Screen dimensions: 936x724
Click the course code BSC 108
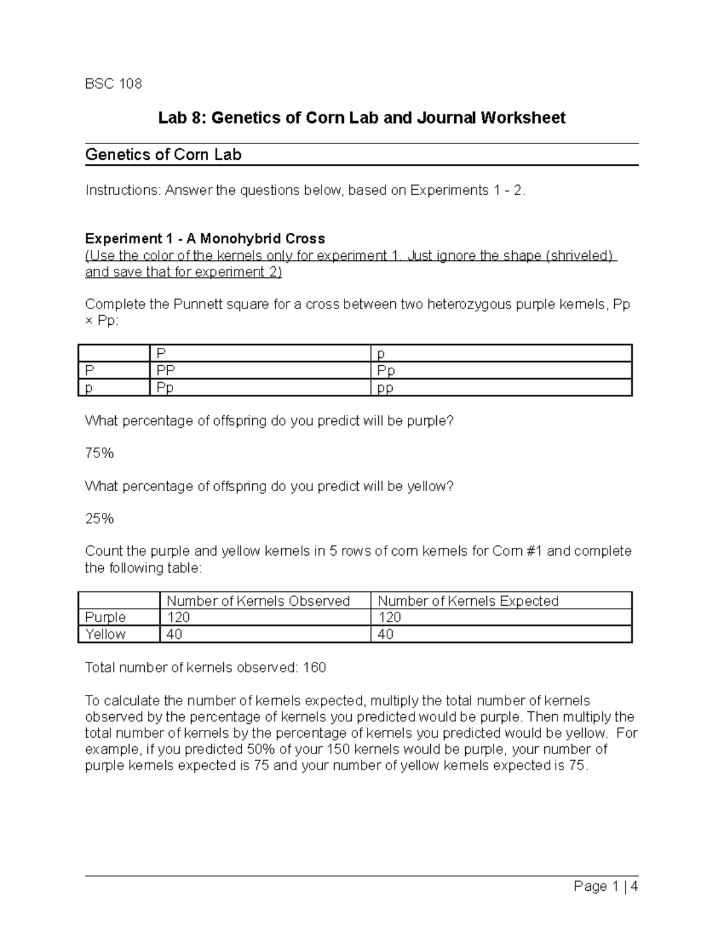click(x=113, y=84)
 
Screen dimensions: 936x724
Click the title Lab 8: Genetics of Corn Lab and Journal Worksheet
click(x=361, y=118)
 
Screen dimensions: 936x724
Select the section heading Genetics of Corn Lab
click(x=163, y=155)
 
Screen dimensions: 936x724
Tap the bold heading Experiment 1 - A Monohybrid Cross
click(x=205, y=239)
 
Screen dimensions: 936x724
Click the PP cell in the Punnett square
click(x=166, y=371)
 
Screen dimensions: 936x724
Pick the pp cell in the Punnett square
click(x=385, y=388)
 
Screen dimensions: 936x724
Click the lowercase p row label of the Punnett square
click(x=89, y=388)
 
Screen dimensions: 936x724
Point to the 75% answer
click(x=100, y=453)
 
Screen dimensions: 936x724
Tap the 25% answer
click(x=100, y=519)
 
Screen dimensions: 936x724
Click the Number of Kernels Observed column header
click(x=258, y=601)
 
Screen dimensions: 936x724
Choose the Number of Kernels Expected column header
click(x=468, y=601)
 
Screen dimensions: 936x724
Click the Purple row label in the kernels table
click(x=106, y=617)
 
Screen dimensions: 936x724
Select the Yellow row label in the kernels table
click(x=106, y=634)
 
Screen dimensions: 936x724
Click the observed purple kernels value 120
click(x=178, y=617)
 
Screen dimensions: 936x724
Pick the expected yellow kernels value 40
click(x=386, y=634)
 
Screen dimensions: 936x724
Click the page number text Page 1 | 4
click(x=606, y=887)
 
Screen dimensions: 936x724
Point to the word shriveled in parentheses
click(x=579, y=256)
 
